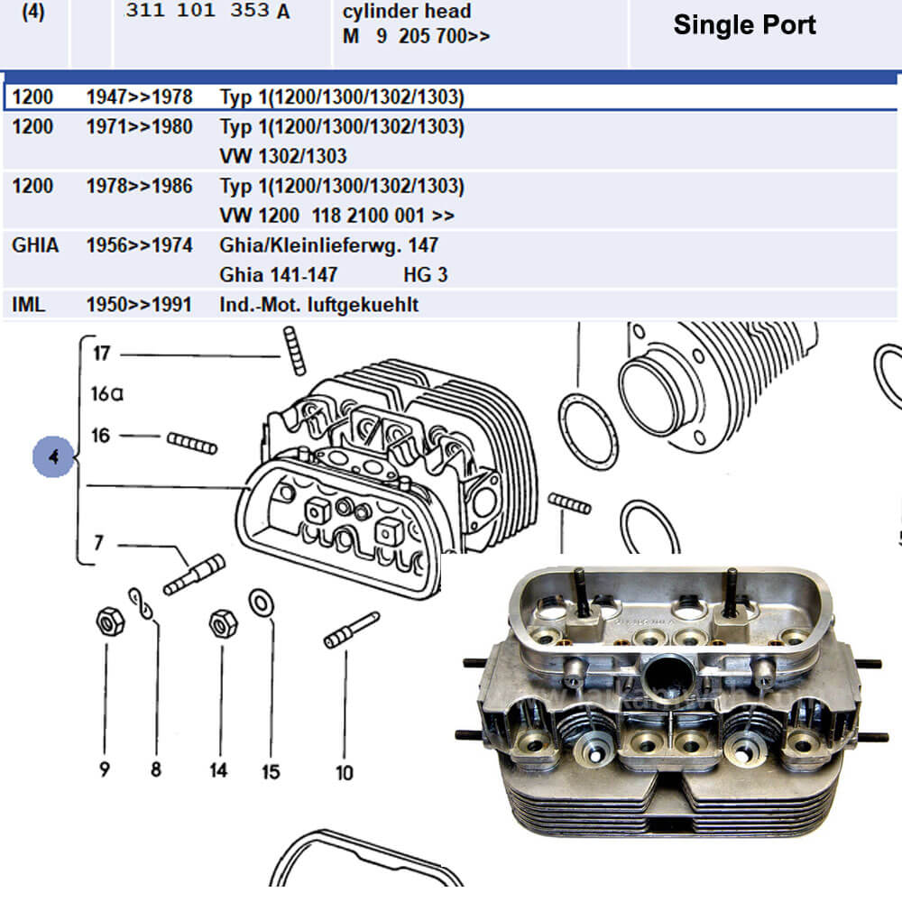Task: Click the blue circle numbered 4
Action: (53, 456)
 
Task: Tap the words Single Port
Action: (744, 24)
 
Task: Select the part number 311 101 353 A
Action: (207, 10)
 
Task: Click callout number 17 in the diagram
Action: (102, 353)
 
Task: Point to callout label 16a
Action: (107, 393)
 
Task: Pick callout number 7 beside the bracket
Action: (99, 542)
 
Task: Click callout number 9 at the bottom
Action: (104, 769)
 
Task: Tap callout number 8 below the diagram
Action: (156, 769)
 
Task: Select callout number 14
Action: (218, 769)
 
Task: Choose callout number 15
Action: (271, 771)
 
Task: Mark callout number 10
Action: (345, 772)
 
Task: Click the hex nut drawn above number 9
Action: (110, 621)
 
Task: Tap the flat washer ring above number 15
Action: (262, 603)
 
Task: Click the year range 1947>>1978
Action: (139, 97)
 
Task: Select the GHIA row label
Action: (35, 245)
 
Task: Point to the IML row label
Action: (28, 304)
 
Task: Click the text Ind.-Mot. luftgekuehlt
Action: (318, 305)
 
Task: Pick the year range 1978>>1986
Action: (139, 186)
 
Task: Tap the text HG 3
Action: (425, 275)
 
